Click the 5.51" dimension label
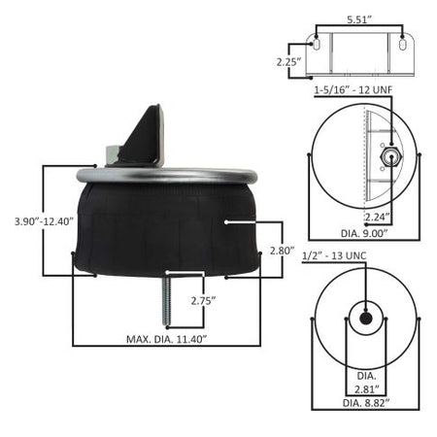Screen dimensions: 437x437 point(359,19)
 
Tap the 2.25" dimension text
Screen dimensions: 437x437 point(288,61)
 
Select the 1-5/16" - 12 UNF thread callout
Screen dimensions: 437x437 point(353,89)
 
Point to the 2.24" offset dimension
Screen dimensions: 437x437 point(377,217)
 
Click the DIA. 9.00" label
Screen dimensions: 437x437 point(364,233)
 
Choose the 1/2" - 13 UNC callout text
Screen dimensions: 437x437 point(334,255)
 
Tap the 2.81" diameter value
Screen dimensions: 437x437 point(366,389)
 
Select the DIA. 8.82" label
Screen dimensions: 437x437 point(366,403)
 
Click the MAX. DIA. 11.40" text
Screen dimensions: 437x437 point(166,339)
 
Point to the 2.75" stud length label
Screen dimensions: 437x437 point(203,301)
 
